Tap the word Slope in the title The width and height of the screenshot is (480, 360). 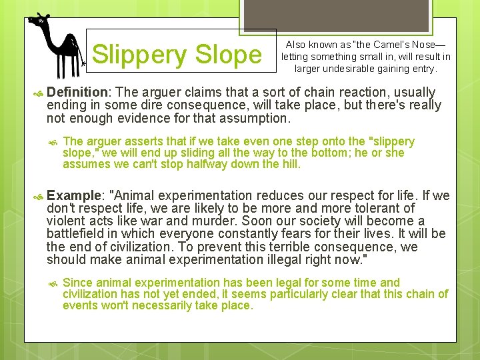pos(230,54)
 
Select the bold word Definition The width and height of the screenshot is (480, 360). pos(77,92)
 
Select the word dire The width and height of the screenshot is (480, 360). pos(148,105)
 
